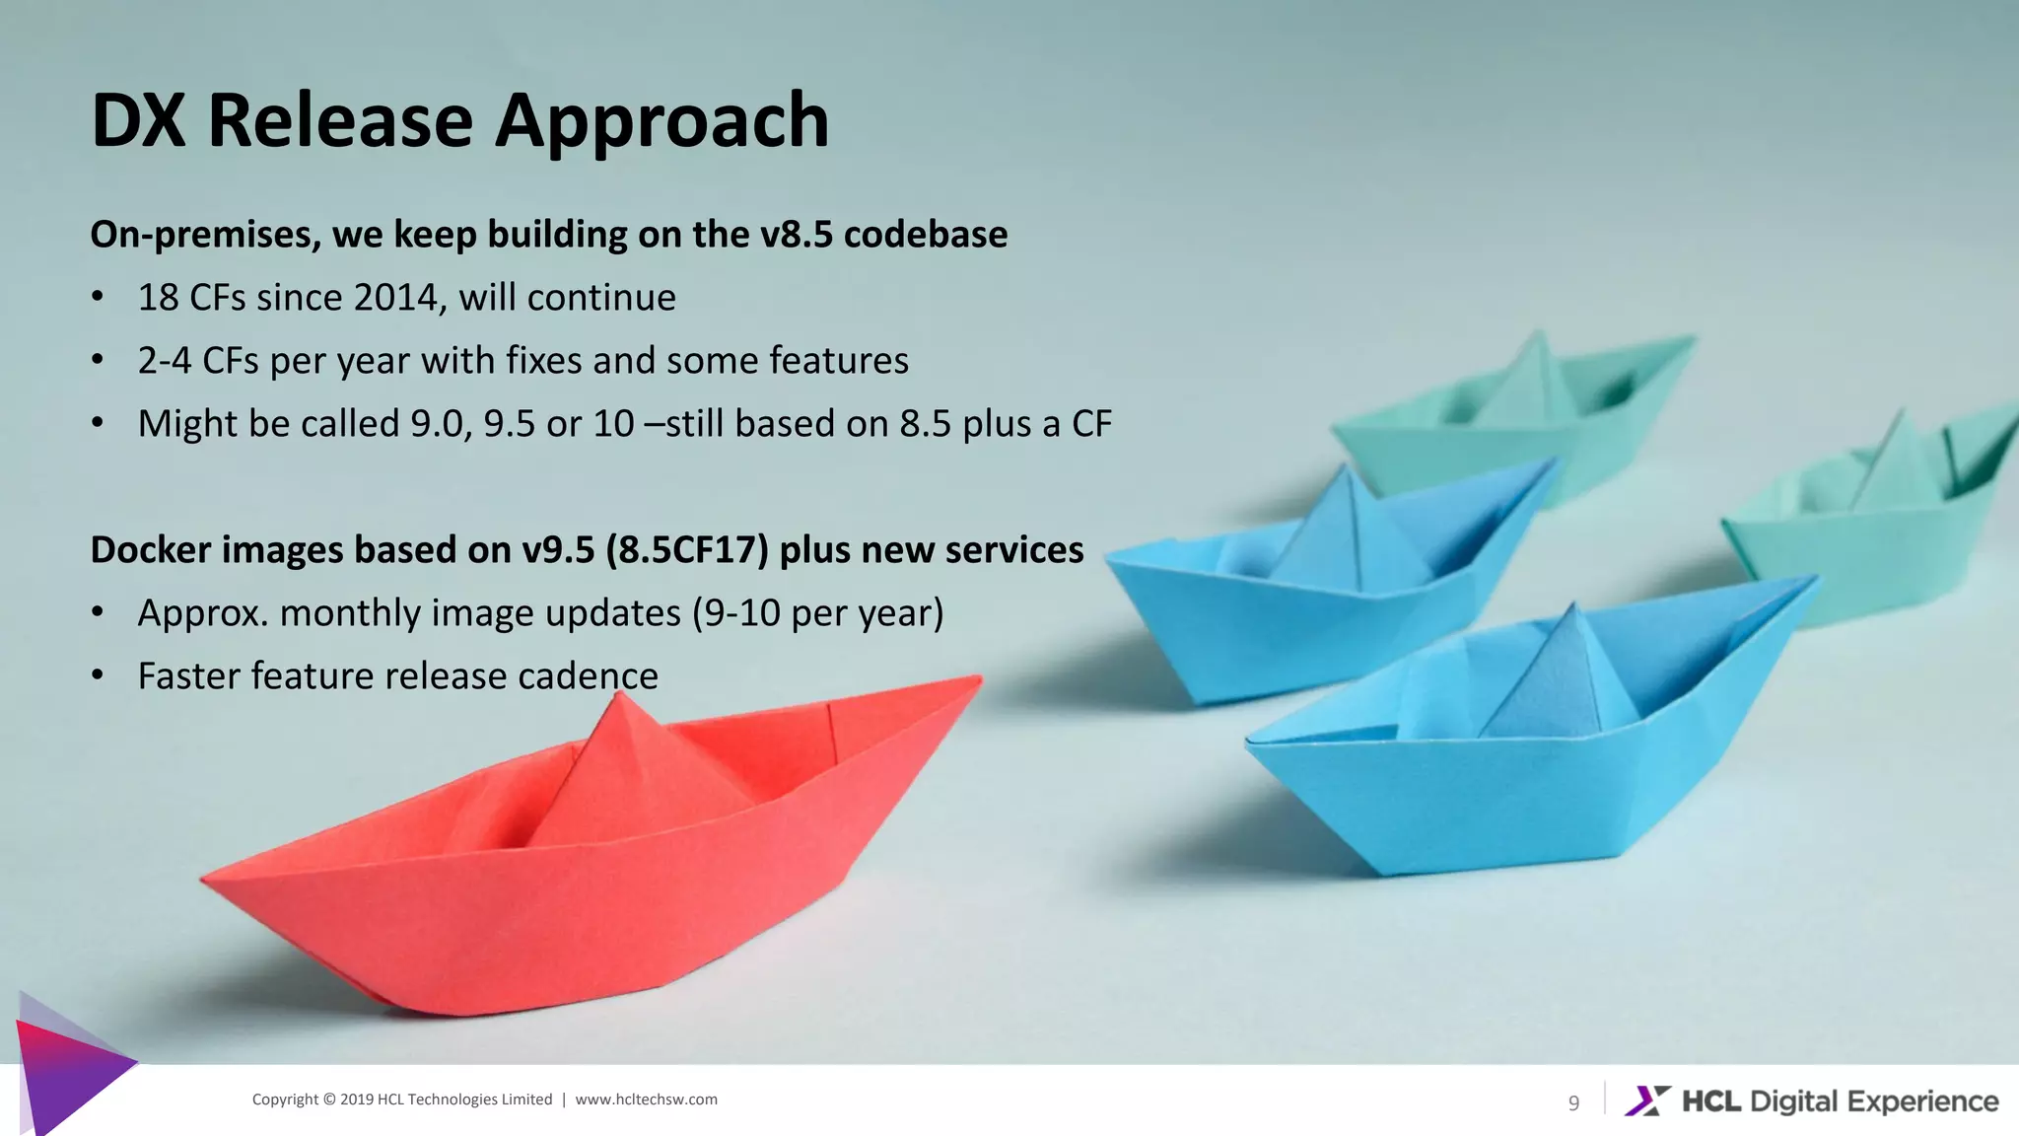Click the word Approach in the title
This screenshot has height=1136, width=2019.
(661, 121)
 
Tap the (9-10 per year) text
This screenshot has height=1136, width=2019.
(817, 613)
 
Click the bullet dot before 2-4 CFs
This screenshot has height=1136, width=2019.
(97, 361)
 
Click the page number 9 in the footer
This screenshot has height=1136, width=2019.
(1573, 1102)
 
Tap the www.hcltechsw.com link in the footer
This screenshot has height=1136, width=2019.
(646, 1100)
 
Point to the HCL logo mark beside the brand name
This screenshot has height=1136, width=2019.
(1647, 1100)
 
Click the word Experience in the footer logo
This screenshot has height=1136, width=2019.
(1922, 1100)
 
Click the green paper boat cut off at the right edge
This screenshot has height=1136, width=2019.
(1873, 523)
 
